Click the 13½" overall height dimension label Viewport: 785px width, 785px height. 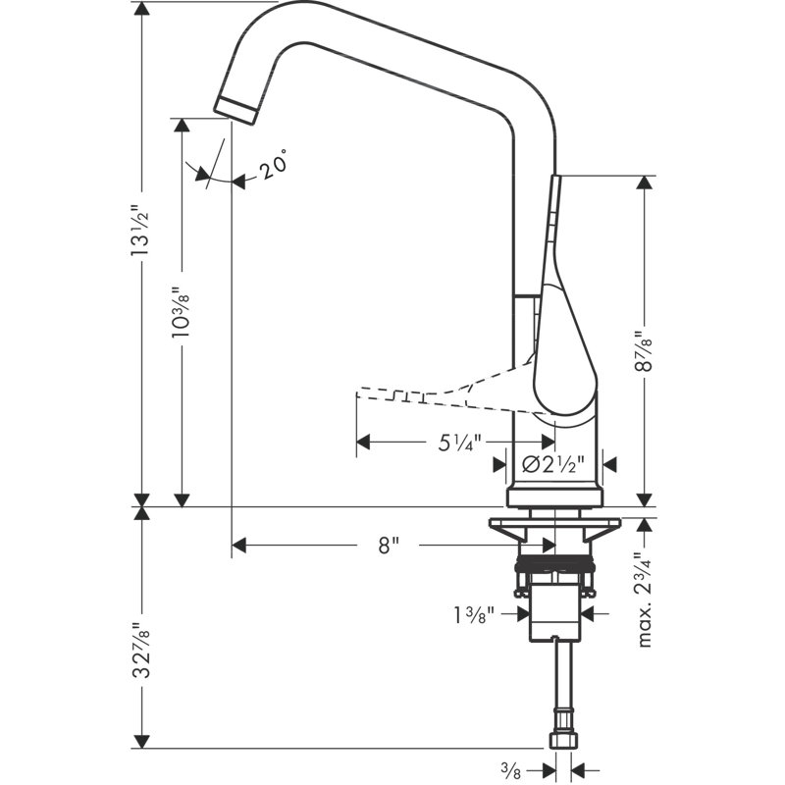coord(139,230)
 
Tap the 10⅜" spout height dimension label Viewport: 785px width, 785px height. coord(181,312)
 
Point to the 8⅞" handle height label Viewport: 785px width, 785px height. coord(644,350)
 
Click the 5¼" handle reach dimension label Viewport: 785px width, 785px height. coord(459,443)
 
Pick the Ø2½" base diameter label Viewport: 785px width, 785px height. coord(553,465)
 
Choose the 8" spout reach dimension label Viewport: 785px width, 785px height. coord(389,546)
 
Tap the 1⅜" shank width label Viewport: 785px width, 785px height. coord(474,615)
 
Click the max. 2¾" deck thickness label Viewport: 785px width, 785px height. coord(645,600)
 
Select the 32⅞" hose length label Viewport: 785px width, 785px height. coord(140,651)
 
